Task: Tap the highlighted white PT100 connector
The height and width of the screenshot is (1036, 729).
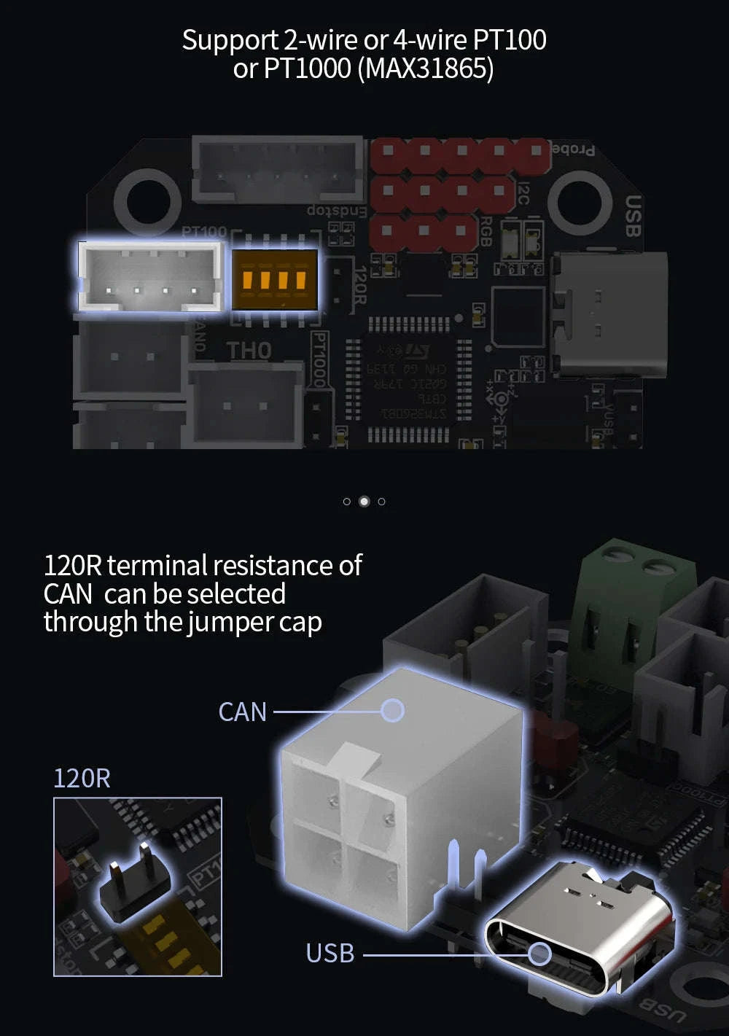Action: [150, 276]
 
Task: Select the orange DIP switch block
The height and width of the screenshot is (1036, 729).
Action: [275, 279]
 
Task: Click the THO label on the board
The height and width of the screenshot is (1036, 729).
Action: [249, 351]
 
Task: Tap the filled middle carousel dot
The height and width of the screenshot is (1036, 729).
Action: [364, 501]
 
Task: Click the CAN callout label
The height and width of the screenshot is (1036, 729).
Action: [243, 712]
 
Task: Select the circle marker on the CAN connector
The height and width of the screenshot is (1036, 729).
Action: [393, 710]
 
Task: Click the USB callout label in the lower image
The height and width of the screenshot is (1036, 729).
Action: [330, 953]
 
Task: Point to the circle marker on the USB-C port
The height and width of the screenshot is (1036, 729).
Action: [539, 953]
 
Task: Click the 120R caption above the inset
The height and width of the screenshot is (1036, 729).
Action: [82, 778]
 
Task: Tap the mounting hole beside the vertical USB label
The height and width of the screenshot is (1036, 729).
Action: [580, 201]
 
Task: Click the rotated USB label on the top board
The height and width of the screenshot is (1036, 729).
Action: [632, 216]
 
